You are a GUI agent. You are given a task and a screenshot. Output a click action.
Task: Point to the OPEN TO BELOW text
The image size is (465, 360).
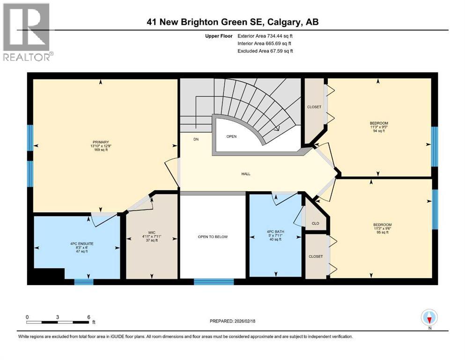point(212,237)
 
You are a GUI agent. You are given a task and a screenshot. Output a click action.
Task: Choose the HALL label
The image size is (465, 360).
point(245,174)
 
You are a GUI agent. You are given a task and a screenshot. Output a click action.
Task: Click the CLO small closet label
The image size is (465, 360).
point(315,223)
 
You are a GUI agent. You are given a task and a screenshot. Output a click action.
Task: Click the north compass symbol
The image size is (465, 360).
point(429,318)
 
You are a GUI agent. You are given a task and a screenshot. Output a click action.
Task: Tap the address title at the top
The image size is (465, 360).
point(232,22)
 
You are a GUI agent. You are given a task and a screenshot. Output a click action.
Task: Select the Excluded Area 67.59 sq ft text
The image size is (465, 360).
point(266,51)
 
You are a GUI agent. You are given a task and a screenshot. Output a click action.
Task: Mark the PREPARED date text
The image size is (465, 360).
point(232,321)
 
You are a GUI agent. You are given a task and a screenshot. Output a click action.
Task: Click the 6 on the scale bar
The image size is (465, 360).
point(89,317)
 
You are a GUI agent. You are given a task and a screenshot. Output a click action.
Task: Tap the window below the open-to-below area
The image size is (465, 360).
point(214,282)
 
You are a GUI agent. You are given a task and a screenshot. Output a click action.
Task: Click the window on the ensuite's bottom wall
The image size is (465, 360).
point(84,282)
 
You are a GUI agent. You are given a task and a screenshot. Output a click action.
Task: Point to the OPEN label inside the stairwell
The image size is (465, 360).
point(231,137)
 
